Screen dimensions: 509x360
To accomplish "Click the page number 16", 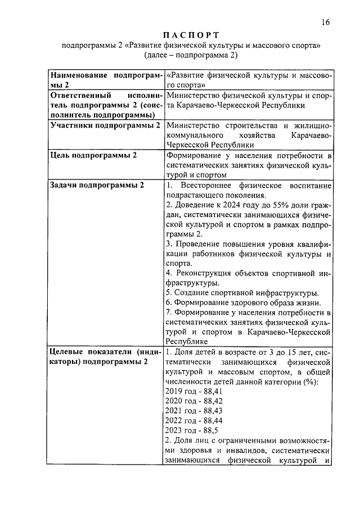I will tap(325, 22).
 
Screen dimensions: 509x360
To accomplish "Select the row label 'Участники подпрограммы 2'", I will tap(105, 125).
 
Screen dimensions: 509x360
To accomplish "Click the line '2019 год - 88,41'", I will tap(194, 390).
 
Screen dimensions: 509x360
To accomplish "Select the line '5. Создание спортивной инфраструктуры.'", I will tap(242, 292).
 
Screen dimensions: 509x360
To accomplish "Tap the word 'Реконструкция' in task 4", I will tap(206, 273).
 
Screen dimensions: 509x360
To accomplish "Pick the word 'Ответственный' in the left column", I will tap(80, 95).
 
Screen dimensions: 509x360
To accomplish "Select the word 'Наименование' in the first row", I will tap(80, 75).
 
